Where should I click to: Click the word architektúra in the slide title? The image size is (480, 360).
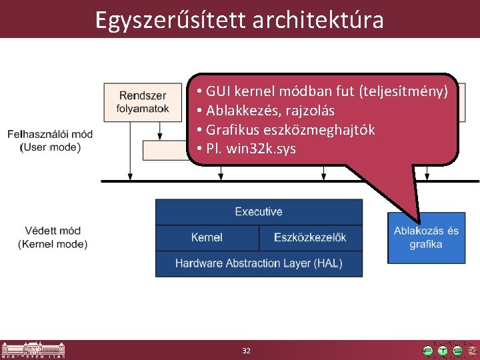coord(318,20)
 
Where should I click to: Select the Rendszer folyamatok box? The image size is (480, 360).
coord(143,102)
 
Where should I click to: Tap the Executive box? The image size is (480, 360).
coord(259,212)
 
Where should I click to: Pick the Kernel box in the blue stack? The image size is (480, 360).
coord(207,237)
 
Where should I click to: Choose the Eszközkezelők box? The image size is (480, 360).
coord(311,237)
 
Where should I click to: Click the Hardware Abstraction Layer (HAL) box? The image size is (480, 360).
coord(259,263)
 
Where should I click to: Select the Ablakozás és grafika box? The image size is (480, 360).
coord(426,238)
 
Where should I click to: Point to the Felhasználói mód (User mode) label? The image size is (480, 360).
coord(50,141)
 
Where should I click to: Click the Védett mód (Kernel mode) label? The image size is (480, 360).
coord(53,237)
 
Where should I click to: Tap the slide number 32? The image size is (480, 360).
coord(246,351)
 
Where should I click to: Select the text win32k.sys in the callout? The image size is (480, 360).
coord(261,147)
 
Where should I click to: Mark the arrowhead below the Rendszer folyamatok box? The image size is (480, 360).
coord(130,176)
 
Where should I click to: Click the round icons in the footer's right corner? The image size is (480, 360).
coord(450,350)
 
